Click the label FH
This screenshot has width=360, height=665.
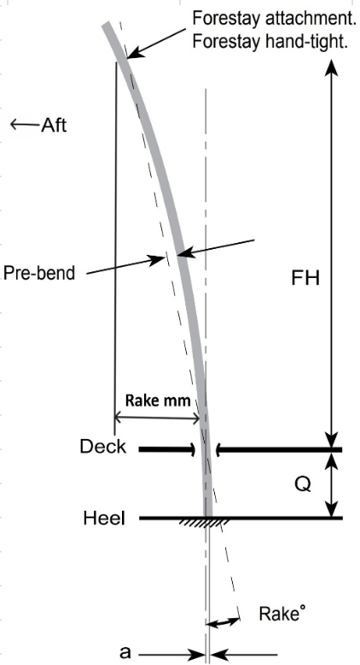tap(305, 279)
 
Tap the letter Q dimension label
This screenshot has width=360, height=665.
tap(302, 484)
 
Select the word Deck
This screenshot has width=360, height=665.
tap(103, 447)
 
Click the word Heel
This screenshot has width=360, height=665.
tap(104, 518)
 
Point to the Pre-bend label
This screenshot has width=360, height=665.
tap(39, 273)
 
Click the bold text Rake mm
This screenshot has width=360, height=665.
tap(158, 400)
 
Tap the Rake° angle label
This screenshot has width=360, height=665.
tap(282, 613)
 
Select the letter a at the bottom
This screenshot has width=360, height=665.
tap(125, 652)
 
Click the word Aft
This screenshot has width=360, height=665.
tap(54, 125)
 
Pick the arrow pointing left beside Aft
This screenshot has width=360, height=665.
tap(25, 124)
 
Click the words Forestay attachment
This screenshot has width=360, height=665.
tap(271, 18)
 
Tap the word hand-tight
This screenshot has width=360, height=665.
tap(309, 42)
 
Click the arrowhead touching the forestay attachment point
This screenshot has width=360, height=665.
tap(132, 54)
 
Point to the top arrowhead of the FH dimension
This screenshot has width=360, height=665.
tap(331, 68)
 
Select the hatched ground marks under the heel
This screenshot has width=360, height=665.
tap(205, 522)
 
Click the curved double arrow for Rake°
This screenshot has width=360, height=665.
tap(223, 622)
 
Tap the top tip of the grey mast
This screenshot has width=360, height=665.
tap(107, 24)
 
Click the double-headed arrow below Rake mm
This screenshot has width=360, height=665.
tap(157, 419)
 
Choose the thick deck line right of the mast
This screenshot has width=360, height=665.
tap(279, 449)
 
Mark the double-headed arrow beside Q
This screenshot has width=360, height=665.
tap(331, 484)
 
